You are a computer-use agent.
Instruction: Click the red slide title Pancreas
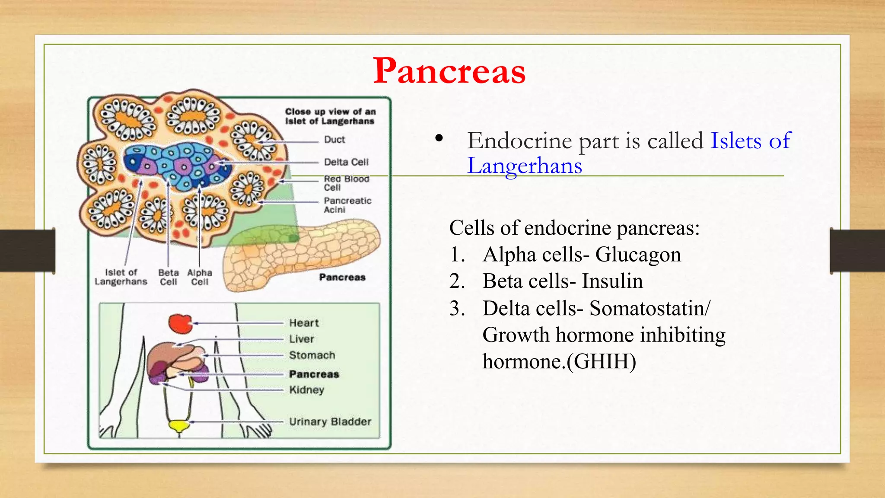click(449, 71)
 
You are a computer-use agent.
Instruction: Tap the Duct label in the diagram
click(334, 140)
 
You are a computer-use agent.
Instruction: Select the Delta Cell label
click(346, 162)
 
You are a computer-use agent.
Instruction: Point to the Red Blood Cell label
click(346, 183)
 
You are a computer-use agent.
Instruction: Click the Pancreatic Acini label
click(347, 205)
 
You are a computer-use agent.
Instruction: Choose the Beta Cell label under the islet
click(169, 278)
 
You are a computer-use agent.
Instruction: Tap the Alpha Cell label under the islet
click(200, 278)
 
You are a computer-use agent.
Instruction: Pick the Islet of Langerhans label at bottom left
click(121, 277)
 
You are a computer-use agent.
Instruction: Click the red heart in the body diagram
click(180, 323)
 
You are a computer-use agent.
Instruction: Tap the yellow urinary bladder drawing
click(179, 425)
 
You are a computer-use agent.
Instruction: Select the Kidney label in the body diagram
click(307, 390)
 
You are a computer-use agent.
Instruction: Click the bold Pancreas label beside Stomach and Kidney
click(314, 374)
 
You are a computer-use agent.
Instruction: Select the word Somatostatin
click(648, 308)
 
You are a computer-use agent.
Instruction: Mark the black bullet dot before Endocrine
click(439, 138)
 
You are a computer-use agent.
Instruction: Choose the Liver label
click(302, 339)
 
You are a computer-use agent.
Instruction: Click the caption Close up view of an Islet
click(330, 116)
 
